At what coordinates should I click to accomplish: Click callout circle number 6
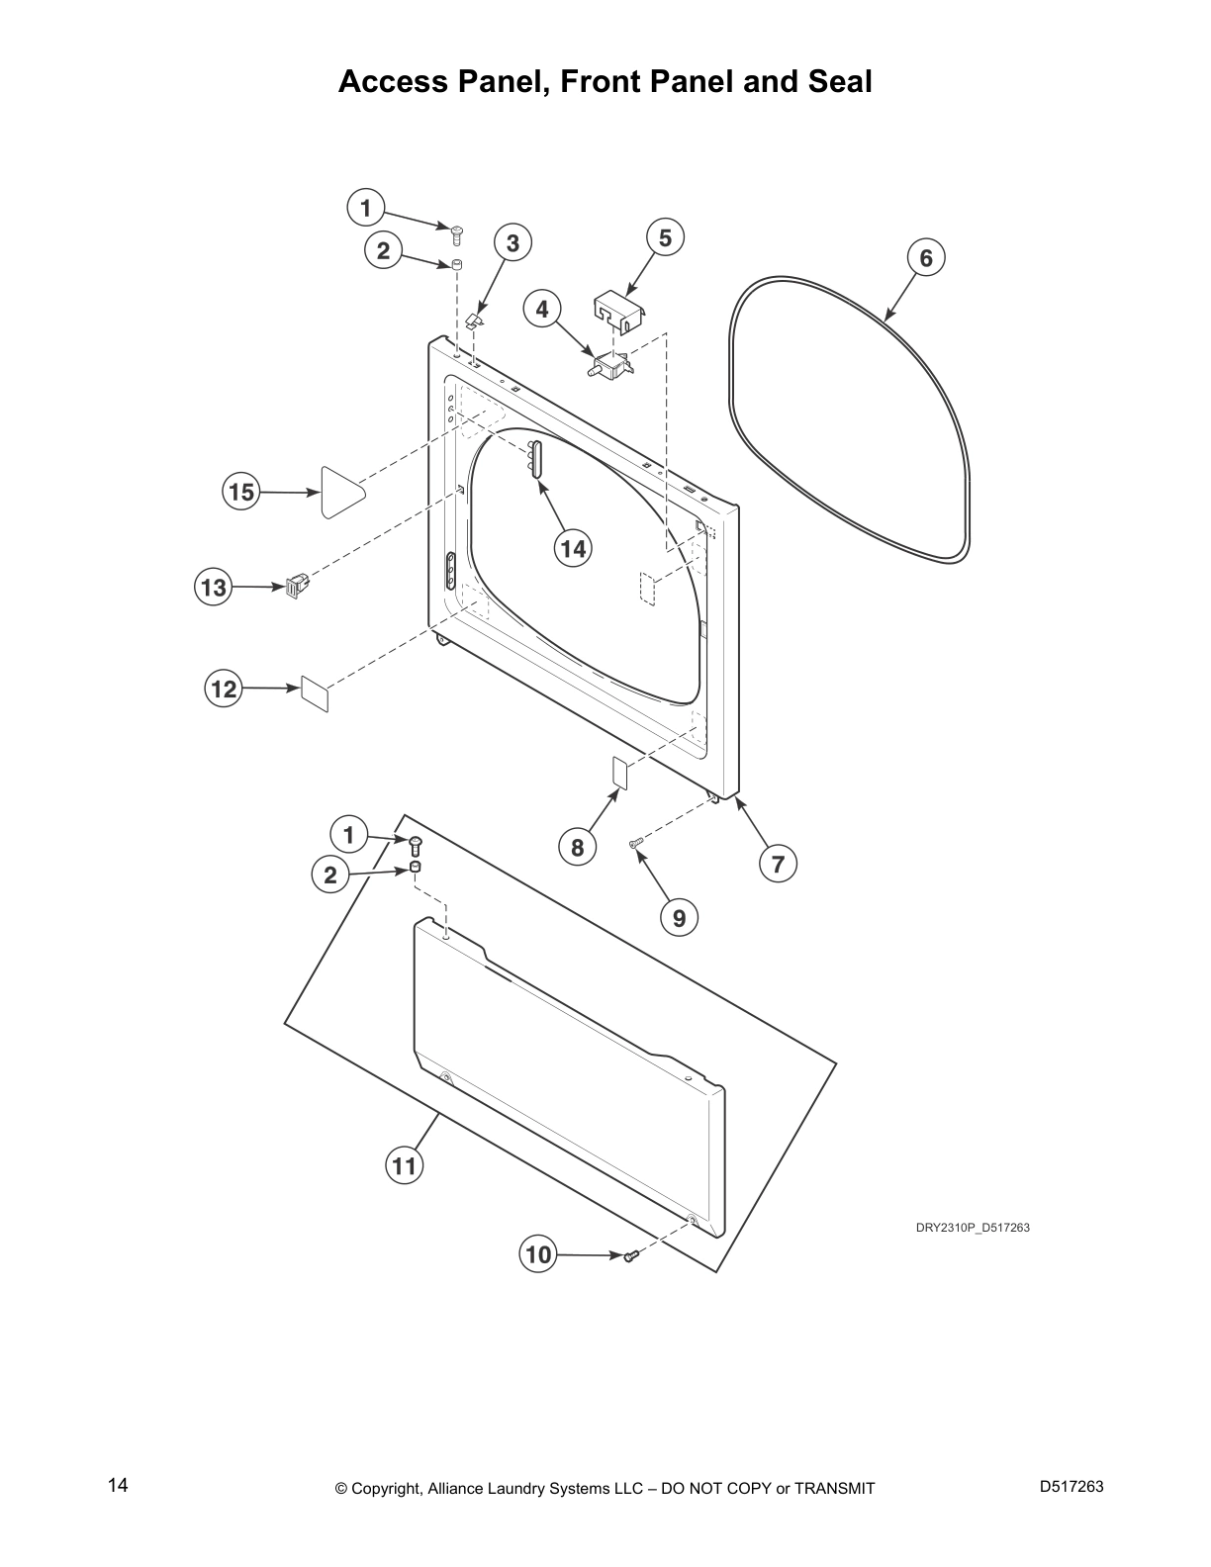[x=926, y=258]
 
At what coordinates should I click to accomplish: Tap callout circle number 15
[x=241, y=492]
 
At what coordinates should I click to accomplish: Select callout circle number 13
[x=214, y=588]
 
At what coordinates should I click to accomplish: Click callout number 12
[x=224, y=688]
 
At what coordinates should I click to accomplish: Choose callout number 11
[x=404, y=1165]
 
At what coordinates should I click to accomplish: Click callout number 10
[x=537, y=1254]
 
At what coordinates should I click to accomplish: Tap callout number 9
[x=679, y=918]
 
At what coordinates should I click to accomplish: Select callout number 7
[x=778, y=864]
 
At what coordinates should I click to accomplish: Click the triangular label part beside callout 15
[x=340, y=492]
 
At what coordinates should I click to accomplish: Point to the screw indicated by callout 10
[x=630, y=1255]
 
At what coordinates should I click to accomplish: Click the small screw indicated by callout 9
[x=635, y=843]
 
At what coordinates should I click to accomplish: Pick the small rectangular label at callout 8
[x=619, y=773]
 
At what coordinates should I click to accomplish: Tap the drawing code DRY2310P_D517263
[x=973, y=1228]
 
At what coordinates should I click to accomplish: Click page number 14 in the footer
[x=118, y=1485]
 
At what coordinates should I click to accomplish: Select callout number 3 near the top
[x=513, y=243]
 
